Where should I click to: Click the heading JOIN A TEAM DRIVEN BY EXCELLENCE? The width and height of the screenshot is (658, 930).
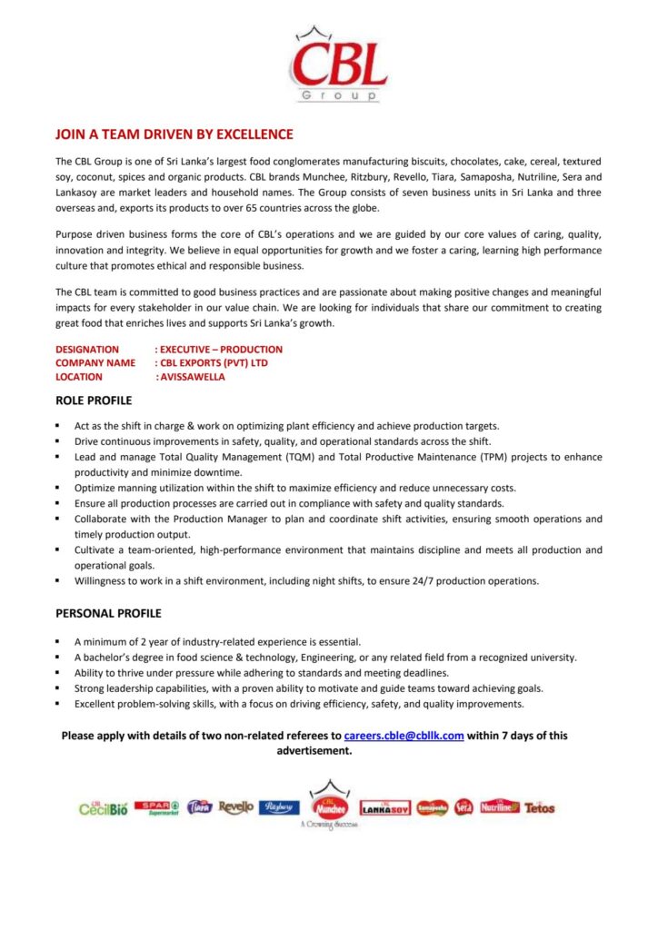click(x=174, y=134)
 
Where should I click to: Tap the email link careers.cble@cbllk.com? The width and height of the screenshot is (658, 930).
click(x=404, y=736)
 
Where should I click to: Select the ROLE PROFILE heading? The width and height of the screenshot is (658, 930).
click(x=94, y=401)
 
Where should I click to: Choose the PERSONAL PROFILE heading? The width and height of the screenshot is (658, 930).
click(x=108, y=614)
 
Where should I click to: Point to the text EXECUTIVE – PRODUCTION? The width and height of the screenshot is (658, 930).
click(x=221, y=350)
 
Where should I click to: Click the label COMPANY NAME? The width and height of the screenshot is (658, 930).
click(x=95, y=363)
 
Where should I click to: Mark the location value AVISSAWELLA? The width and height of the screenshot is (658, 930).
click(x=191, y=377)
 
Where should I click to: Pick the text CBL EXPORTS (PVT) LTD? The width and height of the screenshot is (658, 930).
click(x=214, y=363)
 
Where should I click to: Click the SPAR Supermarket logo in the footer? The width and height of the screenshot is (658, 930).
click(x=157, y=806)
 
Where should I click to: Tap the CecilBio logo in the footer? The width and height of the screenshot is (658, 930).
click(x=103, y=807)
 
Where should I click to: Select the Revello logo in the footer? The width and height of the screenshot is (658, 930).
click(x=236, y=806)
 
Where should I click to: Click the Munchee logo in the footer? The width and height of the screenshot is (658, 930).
click(x=330, y=804)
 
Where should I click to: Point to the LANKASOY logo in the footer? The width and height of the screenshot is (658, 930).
click(x=385, y=807)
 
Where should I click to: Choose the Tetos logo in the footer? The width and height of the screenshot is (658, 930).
click(x=539, y=807)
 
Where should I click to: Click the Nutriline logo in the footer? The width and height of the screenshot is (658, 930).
click(x=499, y=806)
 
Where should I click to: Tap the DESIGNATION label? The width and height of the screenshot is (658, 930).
click(x=87, y=350)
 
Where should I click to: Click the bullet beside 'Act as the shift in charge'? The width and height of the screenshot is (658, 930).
click(x=57, y=426)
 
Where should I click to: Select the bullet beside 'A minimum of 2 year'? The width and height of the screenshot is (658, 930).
click(x=57, y=641)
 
